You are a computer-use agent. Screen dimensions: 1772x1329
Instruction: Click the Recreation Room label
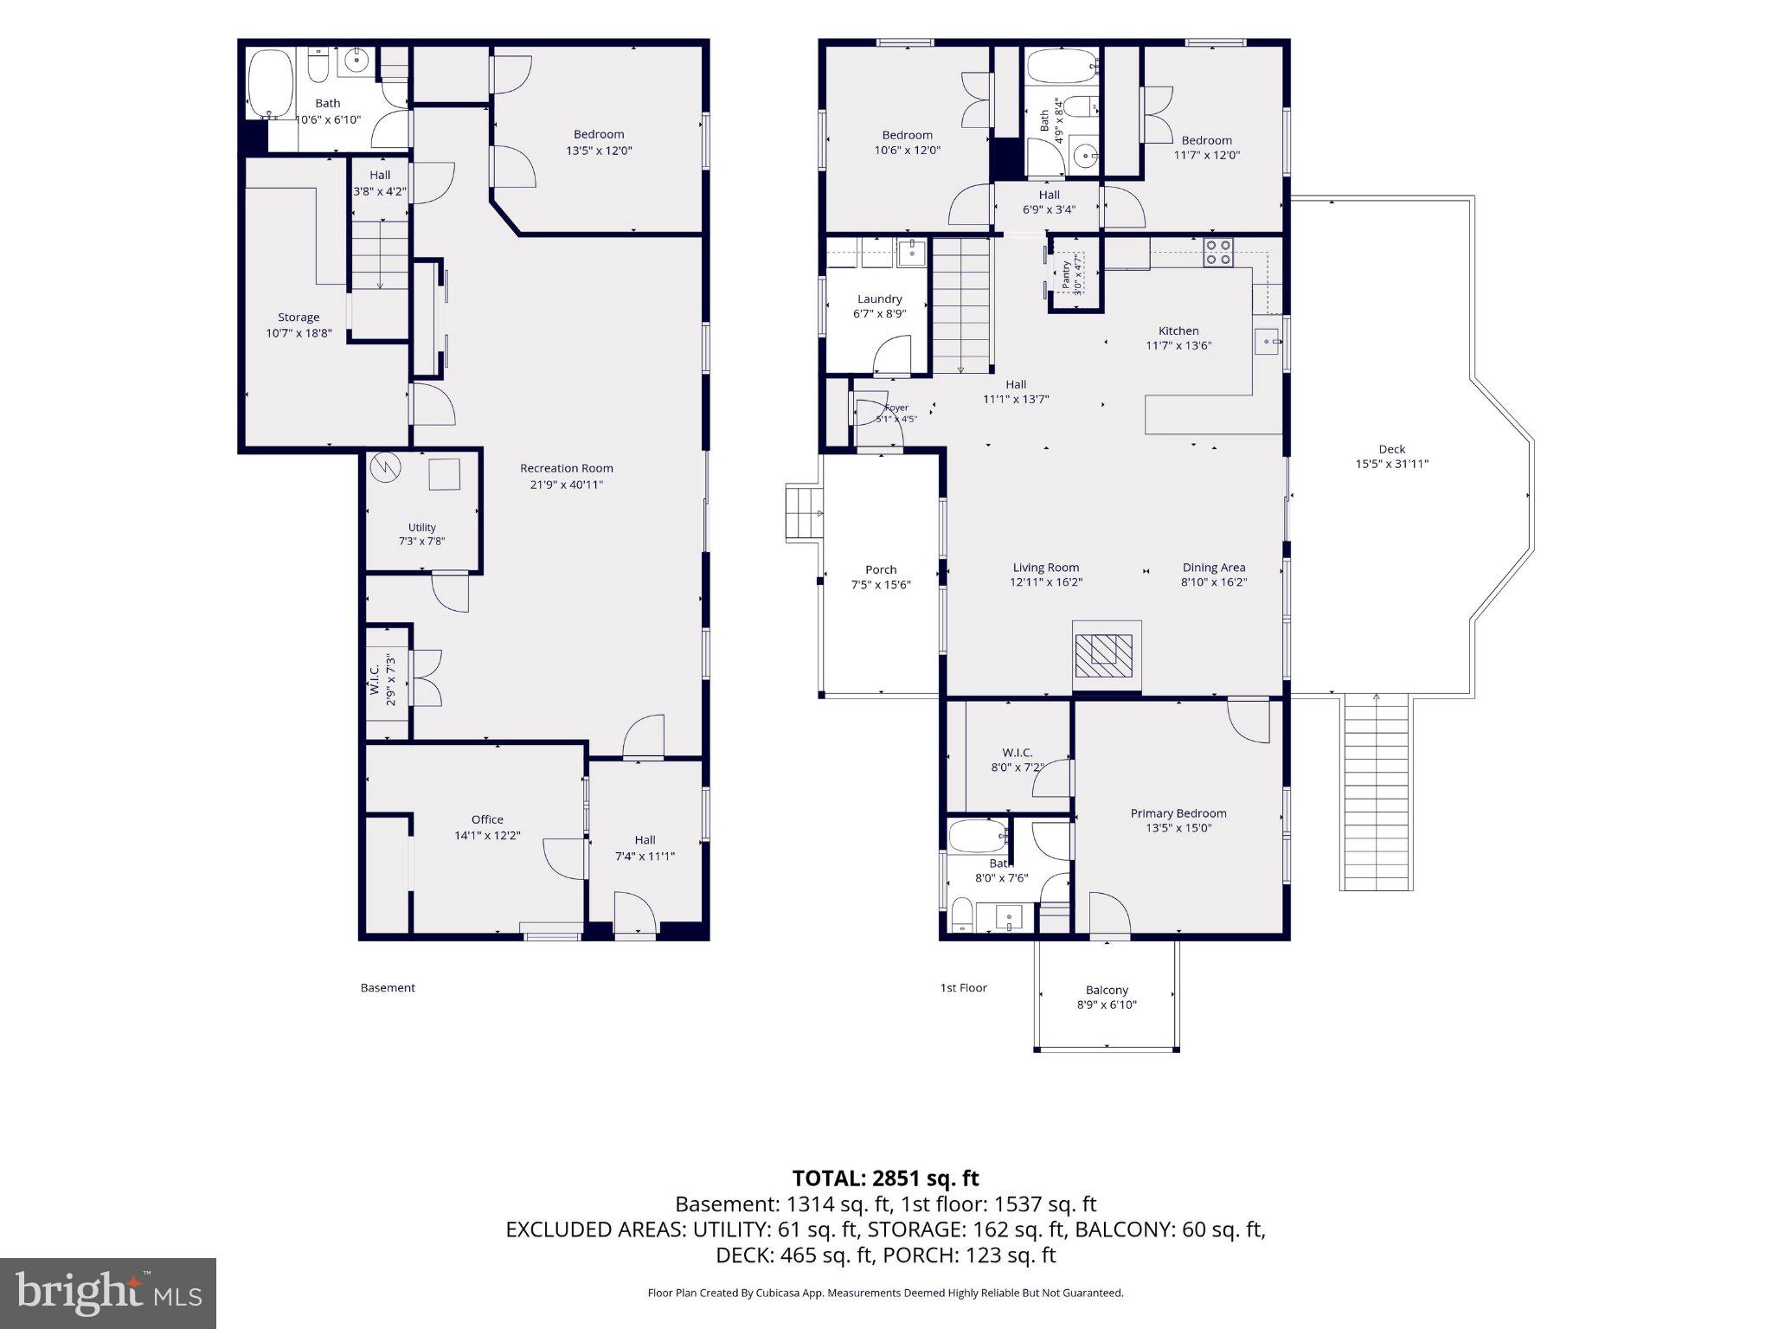point(567,468)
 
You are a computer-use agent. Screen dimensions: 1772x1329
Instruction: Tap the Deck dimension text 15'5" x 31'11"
point(1392,464)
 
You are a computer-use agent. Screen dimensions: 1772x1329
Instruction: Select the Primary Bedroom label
point(1178,813)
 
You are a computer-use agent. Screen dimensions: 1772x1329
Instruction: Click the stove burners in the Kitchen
point(1218,252)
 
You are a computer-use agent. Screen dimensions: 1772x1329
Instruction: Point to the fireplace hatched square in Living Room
point(1104,656)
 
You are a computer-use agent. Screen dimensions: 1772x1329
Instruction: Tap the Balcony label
point(1107,990)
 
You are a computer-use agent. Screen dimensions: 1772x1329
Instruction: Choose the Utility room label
point(422,527)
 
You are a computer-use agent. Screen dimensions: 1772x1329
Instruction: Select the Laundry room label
point(880,299)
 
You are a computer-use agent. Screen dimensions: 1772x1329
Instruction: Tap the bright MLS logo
point(108,1293)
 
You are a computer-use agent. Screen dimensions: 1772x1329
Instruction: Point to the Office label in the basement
point(487,819)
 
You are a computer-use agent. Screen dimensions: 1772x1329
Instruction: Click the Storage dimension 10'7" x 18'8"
point(299,333)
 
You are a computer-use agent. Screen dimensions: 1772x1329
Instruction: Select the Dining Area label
point(1214,568)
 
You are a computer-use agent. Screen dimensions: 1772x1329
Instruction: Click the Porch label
point(881,569)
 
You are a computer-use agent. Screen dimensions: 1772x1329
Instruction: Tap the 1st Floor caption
point(963,987)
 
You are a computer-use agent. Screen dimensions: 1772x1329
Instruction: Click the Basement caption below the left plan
point(388,987)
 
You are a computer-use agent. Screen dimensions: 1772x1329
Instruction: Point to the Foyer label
point(896,408)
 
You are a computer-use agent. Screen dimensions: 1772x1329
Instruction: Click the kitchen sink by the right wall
point(1268,342)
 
